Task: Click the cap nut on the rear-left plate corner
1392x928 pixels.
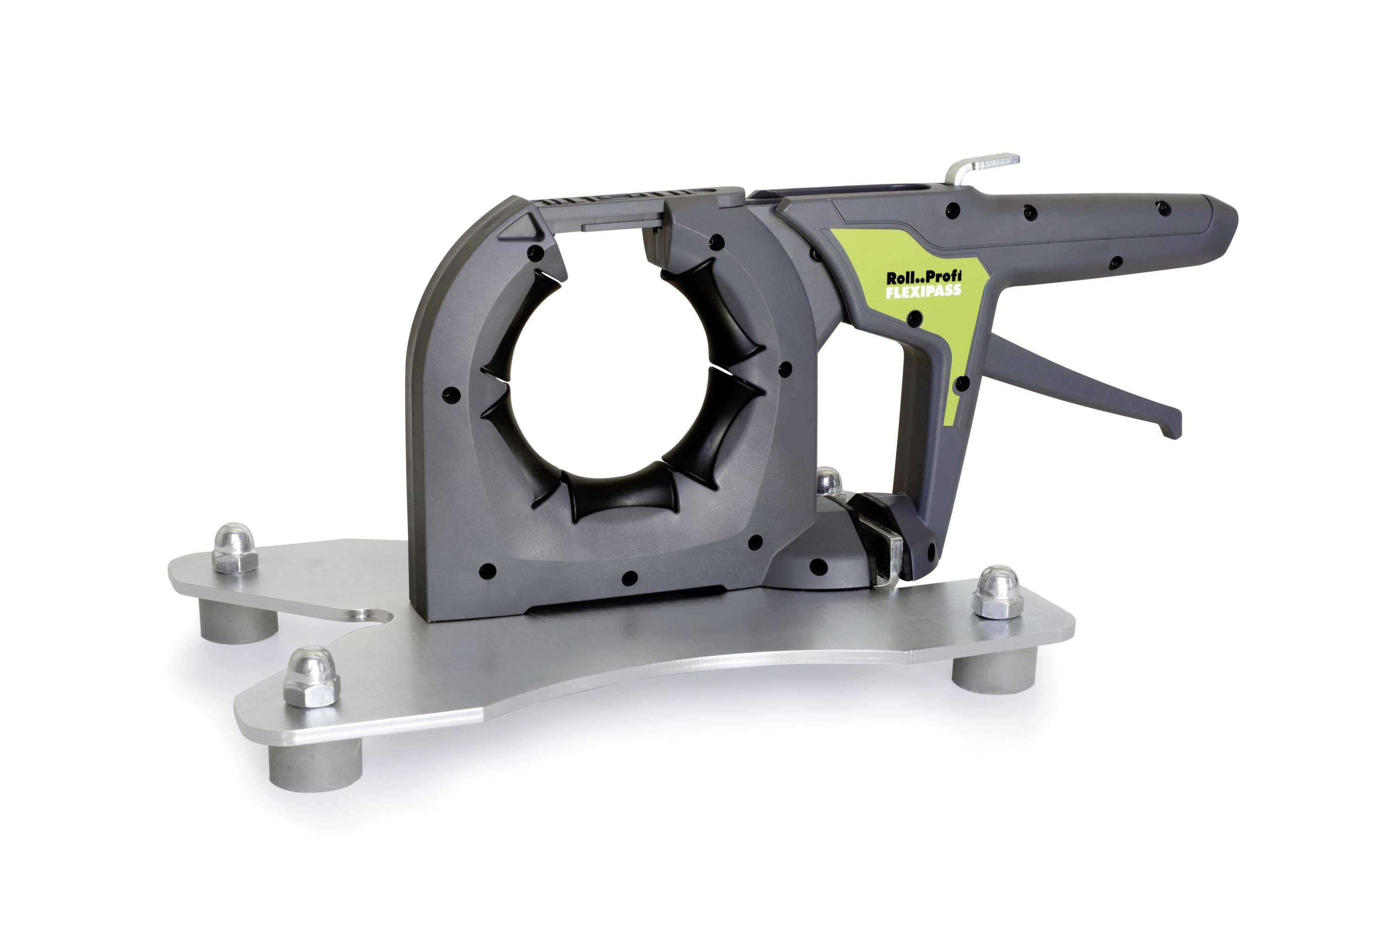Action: coord(234,548)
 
